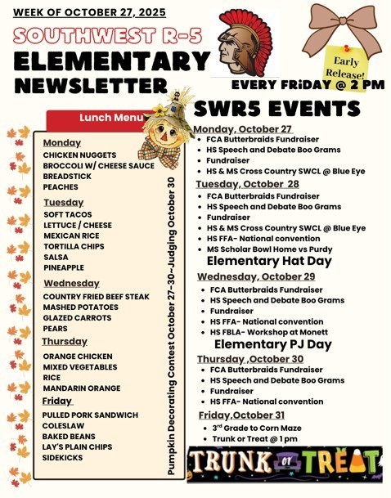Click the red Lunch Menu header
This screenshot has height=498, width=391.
[x=106, y=119]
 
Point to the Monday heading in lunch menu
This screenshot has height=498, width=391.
[x=62, y=143]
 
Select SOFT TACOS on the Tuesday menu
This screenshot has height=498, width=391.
[x=67, y=214]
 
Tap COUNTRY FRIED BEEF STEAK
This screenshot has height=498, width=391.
[x=97, y=297]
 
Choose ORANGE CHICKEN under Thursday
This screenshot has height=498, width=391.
[x=77, y=357]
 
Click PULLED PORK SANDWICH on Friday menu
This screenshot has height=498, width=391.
[x=91, y=415]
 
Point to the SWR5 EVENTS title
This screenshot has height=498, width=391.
[x=276, y=110]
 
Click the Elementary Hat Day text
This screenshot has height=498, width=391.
[x=269, y=261]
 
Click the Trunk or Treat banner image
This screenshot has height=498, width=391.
[x=284, y=464]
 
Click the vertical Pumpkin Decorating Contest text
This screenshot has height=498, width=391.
[x=171, y=325]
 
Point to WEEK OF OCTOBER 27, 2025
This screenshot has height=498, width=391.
[x=89, y=13]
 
